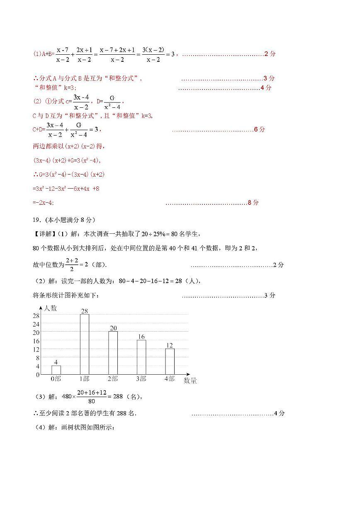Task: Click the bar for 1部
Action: coord(84,344)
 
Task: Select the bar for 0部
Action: coord(56,370)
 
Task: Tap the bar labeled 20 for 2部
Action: coord(113,353)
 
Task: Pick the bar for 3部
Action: coord(141,357)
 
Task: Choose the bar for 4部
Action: coord(170,361)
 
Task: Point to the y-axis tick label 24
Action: coord(36,324)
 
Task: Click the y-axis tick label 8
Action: coord(38,358)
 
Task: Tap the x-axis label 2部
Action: coord(113,379)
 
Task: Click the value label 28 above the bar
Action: coord(85,311)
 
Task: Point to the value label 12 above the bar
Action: coord(170,345)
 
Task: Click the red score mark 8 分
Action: coord(253,203)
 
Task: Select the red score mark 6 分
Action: coord(259,129)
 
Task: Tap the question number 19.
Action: coord(36,220)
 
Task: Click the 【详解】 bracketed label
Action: coord(42,234)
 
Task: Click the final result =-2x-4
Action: coord(43,203)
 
